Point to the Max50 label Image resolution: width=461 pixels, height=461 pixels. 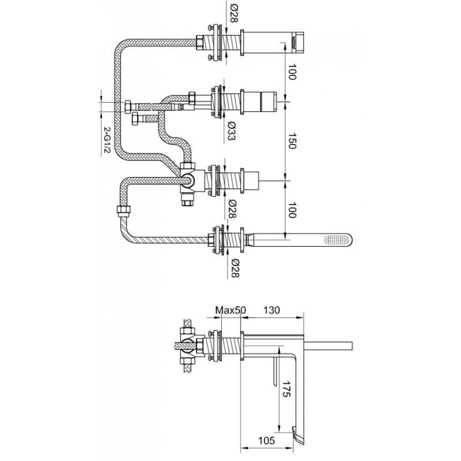click(231, 310)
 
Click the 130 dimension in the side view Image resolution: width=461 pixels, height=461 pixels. click(271, 310)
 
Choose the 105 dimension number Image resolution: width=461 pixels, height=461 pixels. click(266, 440)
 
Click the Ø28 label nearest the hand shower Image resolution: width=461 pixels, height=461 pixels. click(235, 268)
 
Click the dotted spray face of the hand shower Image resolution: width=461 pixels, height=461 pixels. click(335, 240)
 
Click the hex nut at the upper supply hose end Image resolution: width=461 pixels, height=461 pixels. click(128, 107)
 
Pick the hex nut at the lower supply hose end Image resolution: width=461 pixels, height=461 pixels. click(135, 119)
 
